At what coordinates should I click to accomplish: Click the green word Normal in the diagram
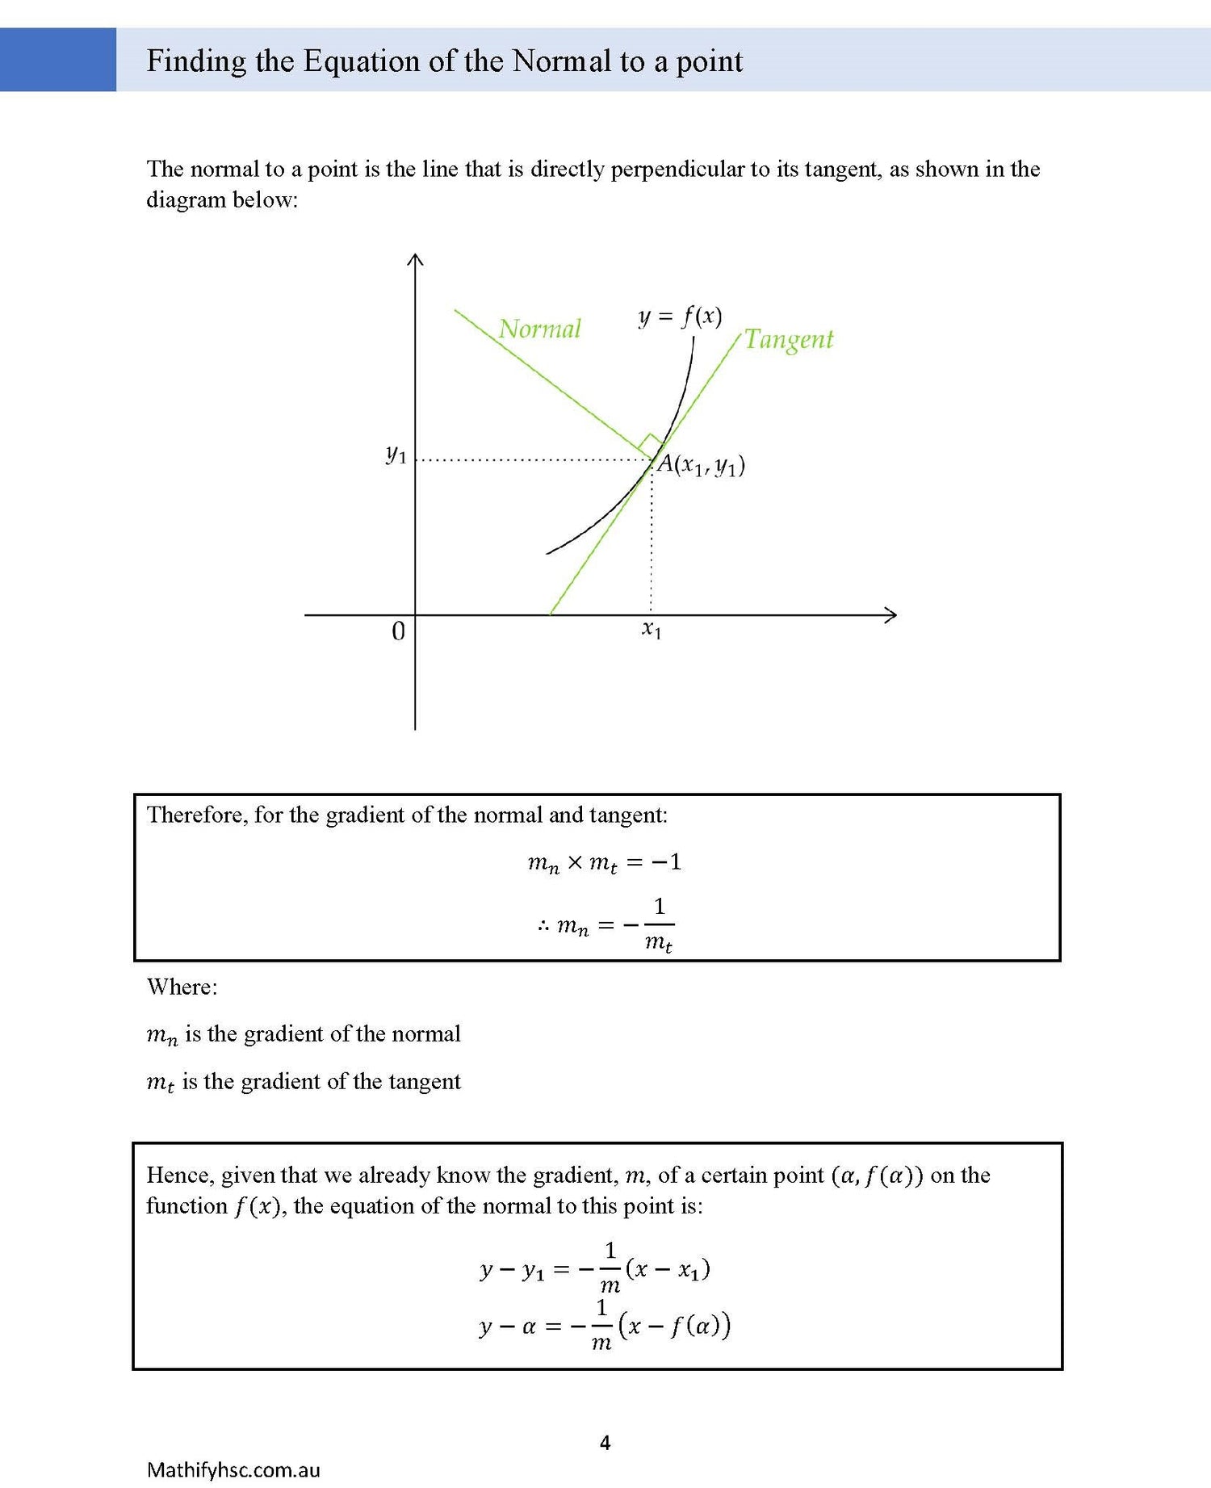click(539, 329)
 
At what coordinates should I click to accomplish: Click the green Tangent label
click(788, 339)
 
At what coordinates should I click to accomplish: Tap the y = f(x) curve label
click(680, 316)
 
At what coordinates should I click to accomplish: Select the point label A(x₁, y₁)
click(701, 465)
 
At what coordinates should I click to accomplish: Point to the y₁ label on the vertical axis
click(396, 455)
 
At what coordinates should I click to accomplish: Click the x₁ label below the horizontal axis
click(652, 630)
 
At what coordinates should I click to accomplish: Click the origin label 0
click(398, 631)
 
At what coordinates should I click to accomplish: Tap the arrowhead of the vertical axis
click(415, 259)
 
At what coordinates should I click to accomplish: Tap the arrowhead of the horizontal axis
click(890, 615)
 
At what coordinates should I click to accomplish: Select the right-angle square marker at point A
click(650, 445)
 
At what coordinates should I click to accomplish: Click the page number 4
click(605, 1442)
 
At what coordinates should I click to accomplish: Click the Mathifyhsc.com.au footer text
click(233, 1469)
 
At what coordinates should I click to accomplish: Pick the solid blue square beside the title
click(58, 60)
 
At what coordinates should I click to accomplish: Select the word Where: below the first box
click(182, 987)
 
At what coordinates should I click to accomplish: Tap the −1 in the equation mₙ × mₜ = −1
click(667, 862)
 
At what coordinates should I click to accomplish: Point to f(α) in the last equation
click(696, 1326)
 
